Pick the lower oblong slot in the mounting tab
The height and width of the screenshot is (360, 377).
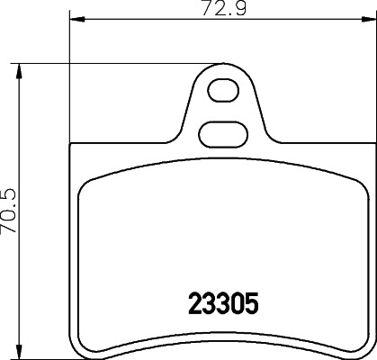220,131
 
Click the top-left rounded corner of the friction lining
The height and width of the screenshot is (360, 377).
87,181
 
